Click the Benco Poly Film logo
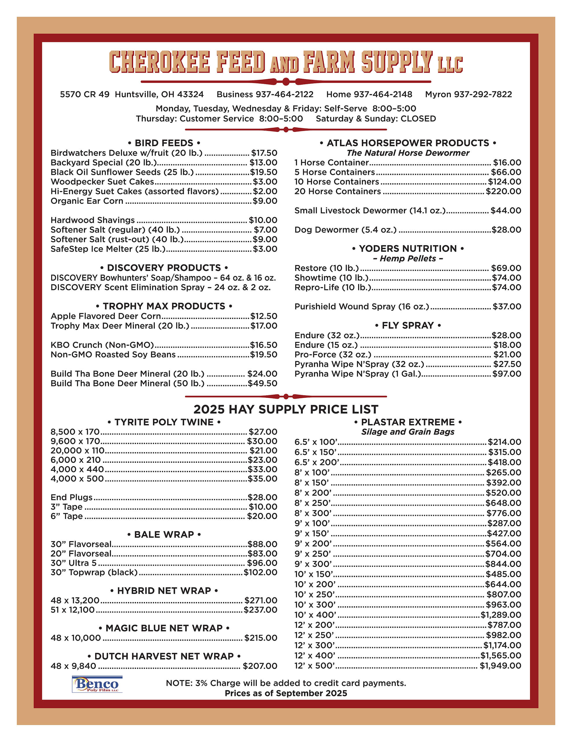click(97, 684)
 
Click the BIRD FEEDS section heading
click(164, 143)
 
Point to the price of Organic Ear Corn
click(265, 201)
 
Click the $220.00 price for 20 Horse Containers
click(503, 191)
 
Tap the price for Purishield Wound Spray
click(507, 306)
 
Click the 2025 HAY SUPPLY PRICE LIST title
click(286, 409)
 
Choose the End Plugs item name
click(71, 497)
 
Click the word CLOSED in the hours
click(418, 119)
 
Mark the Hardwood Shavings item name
click(93, 220)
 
